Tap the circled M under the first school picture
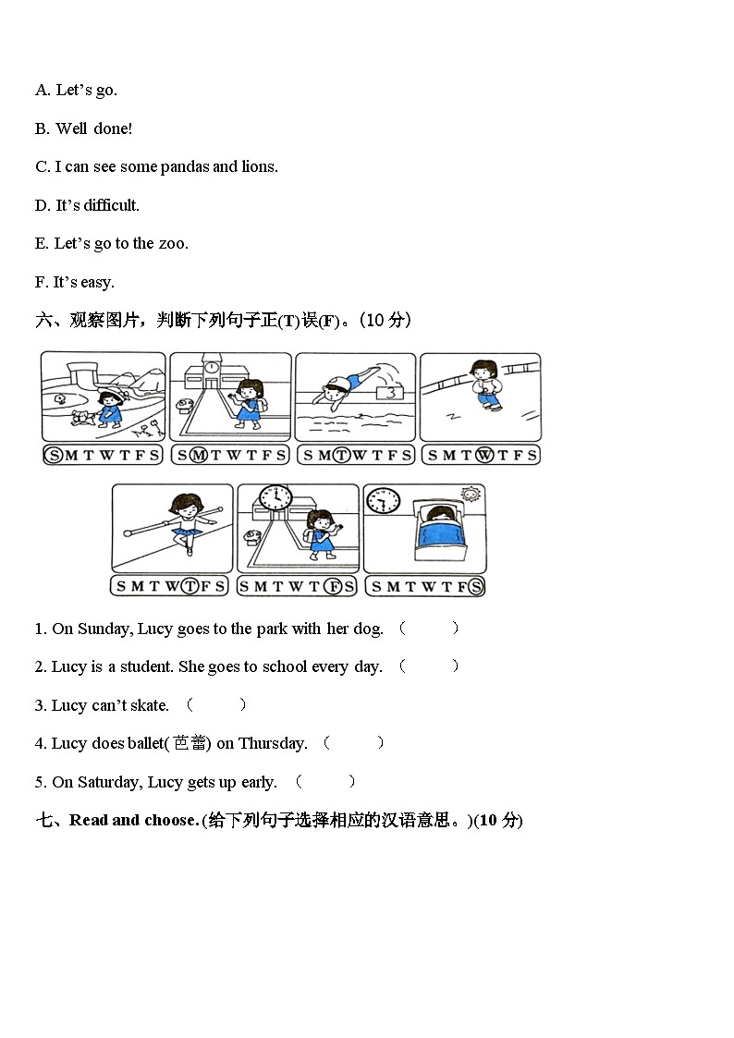coord(198,454)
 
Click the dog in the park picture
coord(80,418)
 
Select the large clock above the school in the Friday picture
coord(275,498)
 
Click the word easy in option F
coord(97,283)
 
